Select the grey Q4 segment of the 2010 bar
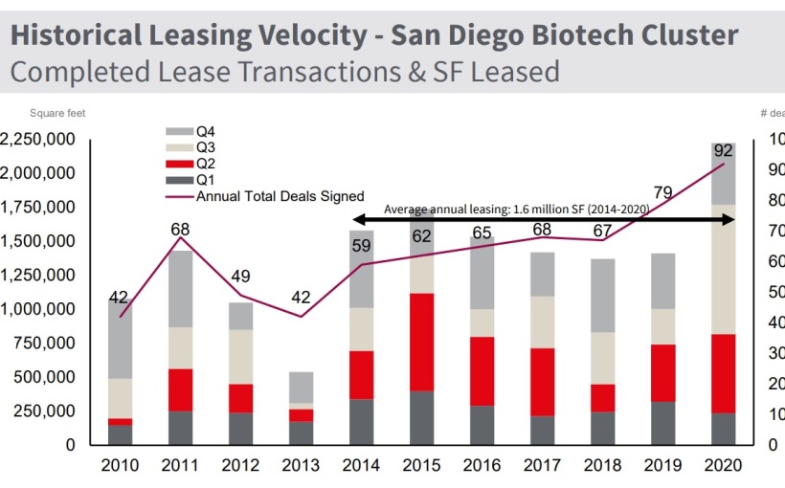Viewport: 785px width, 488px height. coord(120,340)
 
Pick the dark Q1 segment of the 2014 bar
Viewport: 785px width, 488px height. coord(362,422)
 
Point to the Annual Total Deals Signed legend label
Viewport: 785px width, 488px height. coord(280,195)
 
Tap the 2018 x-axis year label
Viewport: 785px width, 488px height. coord(603,466)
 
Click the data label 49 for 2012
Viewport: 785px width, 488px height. coord(241,277)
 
